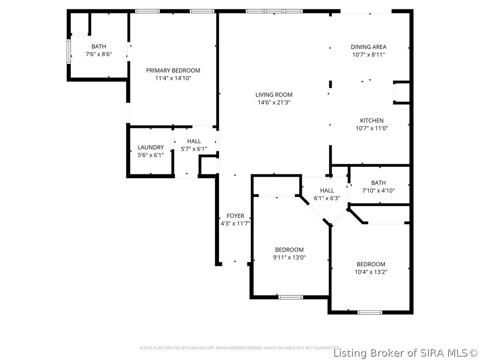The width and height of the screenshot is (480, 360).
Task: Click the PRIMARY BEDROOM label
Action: (173, 70)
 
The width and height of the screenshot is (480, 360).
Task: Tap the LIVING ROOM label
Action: (274, 94)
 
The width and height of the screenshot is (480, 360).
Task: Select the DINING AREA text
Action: (368, 47)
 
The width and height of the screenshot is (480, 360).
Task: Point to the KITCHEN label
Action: (372, 120)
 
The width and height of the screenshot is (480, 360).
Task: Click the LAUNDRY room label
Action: (150, 147)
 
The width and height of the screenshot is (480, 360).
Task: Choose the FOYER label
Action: (235, 216)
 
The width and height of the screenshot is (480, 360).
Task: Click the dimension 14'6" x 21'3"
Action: (274, 102)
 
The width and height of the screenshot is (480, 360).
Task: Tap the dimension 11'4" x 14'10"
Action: (173, 78)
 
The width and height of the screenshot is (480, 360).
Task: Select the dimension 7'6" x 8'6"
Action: (98, 54)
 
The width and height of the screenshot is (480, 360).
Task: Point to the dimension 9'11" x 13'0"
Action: (289, 257)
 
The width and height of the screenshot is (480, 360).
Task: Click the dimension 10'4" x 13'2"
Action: (371, 272)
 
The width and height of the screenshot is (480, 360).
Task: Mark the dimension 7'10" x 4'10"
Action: (378, 191)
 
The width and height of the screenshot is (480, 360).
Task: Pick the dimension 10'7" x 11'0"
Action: (372, 128)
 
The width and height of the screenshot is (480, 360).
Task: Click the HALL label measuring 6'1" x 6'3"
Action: (327, 190)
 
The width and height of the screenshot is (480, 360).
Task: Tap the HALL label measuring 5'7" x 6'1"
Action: (194, 141)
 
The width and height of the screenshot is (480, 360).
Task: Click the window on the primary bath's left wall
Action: (68, 52)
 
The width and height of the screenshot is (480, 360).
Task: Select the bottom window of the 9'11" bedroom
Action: (291, 297)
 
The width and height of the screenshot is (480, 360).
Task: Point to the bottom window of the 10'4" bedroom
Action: (370, 312)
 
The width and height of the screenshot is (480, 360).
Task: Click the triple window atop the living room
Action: (274, 11)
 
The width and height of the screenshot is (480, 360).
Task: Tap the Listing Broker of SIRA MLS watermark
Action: (406, 352)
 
